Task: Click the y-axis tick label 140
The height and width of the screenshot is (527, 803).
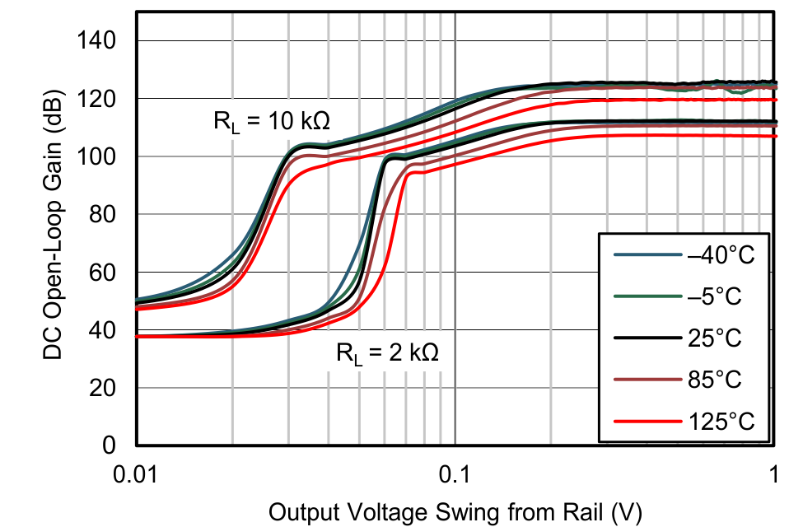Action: (98, 40)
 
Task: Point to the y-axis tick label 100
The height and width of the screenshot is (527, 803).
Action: (98, 156)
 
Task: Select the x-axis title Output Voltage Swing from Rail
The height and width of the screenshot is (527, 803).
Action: (455, 511)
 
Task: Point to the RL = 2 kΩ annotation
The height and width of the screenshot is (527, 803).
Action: (387, 354)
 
